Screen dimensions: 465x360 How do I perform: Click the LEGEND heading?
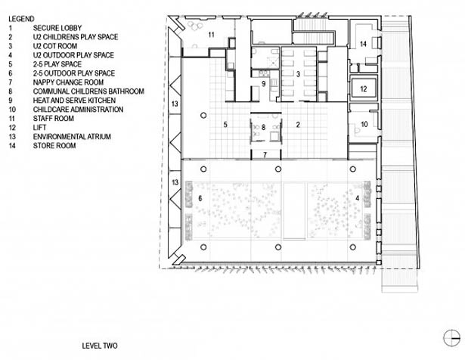coord(21,19)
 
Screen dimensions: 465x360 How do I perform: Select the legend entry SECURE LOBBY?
coord(57,28)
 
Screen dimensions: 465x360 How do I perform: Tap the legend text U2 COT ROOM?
coord(55,46)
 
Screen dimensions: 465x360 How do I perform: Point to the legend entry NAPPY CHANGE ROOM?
coord(68,82)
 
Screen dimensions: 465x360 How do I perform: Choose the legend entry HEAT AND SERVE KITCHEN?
coord(74,101)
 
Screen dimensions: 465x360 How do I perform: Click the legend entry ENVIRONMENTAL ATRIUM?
coord(72,137)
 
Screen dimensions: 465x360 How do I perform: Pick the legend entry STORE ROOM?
coord(54,146)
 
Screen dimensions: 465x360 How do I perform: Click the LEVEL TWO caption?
coord(100,346)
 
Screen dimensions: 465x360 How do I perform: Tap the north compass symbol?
coord(451,338)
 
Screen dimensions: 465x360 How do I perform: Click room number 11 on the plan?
coord(211,35)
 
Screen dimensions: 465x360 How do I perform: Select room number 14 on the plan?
coord(363,44)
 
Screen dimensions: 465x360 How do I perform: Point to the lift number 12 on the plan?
coord(364,89)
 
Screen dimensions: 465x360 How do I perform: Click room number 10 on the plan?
coord(364,125)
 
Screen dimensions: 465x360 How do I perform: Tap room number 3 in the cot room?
coord(299,74)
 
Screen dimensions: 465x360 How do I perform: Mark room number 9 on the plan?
coord(264,84)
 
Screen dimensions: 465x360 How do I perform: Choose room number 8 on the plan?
coord(263,128)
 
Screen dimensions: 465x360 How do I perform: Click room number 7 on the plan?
coord(265,155)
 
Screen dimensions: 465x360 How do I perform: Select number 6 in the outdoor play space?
coord(200,198)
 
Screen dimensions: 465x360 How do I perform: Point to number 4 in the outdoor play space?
coord(358,198)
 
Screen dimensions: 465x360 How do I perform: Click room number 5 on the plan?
coord(225,125)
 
